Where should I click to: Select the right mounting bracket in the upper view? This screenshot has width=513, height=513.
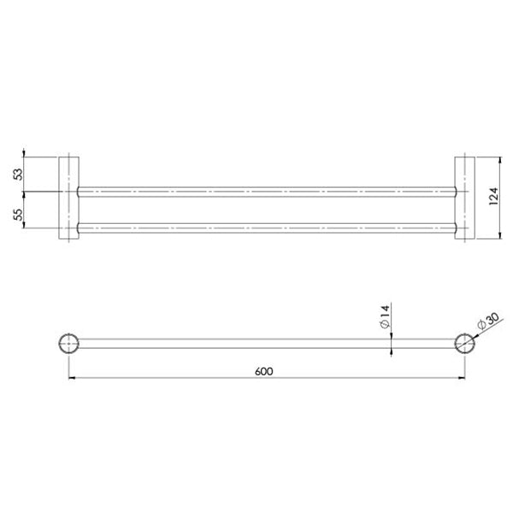[x=463, y=198]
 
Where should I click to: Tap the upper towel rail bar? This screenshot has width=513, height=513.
[x=265, y=192]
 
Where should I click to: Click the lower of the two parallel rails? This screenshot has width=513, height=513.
[x=265, y=228]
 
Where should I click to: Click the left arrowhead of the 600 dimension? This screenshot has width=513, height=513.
[x=71, y=377]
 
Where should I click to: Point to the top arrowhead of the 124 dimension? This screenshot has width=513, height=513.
[x=499, y=160]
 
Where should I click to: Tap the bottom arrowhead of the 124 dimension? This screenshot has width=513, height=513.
[x=499, y=237]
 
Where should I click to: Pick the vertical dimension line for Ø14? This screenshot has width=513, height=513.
[x=392, y=332]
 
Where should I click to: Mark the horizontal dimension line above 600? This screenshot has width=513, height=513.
[x=171, y=377]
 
